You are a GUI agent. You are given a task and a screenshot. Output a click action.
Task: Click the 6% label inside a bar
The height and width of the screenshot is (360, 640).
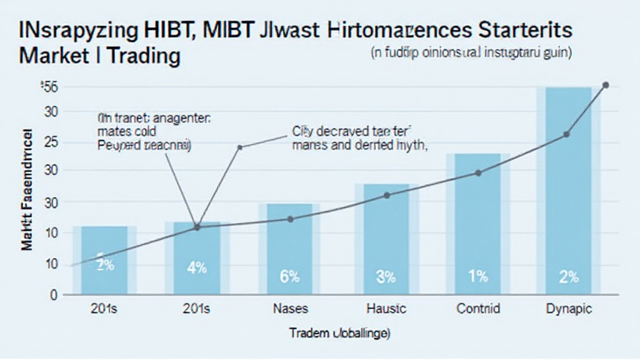click(289, 276)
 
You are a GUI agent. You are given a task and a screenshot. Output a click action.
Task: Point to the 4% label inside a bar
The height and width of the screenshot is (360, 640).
click(197, 268)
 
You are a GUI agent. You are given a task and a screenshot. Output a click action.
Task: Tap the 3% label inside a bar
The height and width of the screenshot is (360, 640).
click(386, 276)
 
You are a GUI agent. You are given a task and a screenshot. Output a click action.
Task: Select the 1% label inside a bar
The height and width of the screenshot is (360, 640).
click(477, 276)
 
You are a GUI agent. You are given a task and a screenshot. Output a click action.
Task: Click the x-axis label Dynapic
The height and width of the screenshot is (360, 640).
click(568, 309)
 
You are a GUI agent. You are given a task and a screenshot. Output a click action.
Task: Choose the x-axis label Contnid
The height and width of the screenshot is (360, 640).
click(477, 309)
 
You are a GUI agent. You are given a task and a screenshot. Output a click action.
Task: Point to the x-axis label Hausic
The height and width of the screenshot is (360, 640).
click(386, 309)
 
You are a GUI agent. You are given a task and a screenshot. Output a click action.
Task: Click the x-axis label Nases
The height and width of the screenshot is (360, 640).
click(289, 309)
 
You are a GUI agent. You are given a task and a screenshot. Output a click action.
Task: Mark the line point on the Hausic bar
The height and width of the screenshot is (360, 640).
click(386, 196)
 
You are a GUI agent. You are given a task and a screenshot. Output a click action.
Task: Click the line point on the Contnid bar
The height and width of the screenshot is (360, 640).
click(478, 172)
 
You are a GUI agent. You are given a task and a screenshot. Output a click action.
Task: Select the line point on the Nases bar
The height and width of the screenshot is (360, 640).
click(290, 219)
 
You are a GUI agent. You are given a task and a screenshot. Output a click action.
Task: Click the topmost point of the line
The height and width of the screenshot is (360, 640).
click(604, 85)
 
